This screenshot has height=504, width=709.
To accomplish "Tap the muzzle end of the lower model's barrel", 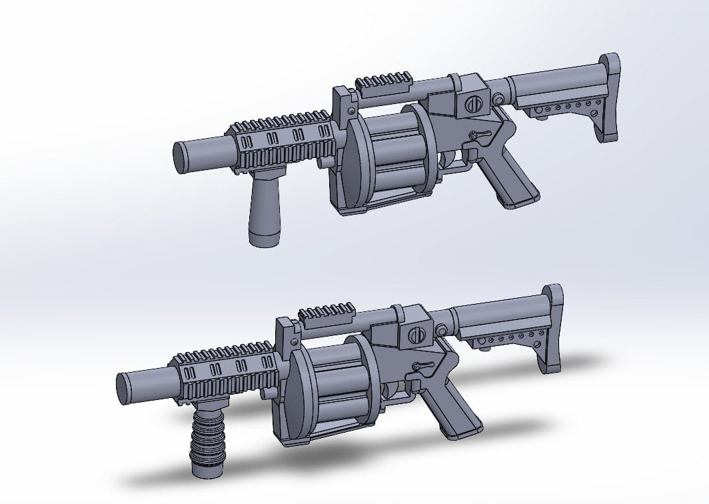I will pyautogui.click(x=123, y=385).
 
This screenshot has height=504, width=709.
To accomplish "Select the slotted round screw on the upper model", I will pyautogui.click(x=472, y=105).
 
